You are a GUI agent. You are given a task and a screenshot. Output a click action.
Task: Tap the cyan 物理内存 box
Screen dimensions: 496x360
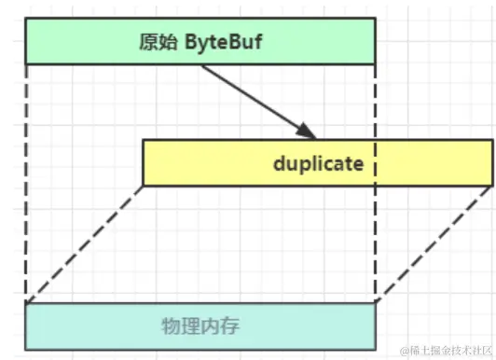point(200,325)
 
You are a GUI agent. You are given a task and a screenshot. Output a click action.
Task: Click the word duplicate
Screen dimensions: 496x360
point(317,163)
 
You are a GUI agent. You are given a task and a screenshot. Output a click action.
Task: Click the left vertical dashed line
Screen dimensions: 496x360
point(26,187)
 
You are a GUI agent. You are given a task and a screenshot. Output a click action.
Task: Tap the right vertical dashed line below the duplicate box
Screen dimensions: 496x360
point(375,242)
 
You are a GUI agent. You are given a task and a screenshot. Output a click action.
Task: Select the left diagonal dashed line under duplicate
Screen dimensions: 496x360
point(84,244)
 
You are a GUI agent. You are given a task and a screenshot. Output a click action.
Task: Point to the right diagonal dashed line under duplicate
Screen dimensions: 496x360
point(433,244)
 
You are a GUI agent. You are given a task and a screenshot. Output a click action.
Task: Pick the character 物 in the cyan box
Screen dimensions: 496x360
point(167,325)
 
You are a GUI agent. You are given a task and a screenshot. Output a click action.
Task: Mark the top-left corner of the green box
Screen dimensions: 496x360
point(26,18)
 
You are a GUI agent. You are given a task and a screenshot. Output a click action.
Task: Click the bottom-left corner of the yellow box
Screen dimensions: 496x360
point(143,185)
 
